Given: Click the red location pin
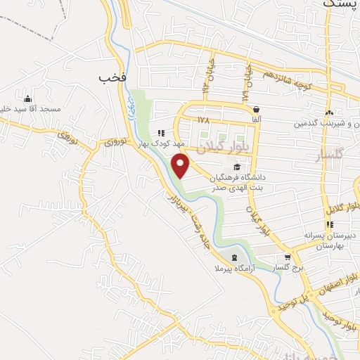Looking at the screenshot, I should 181,165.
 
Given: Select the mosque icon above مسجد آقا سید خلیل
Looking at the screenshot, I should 28,98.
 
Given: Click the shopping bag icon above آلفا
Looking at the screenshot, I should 256,110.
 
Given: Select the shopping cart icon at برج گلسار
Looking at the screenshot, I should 288,257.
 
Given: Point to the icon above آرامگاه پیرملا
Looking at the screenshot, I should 234,257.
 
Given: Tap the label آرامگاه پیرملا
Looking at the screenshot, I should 235,269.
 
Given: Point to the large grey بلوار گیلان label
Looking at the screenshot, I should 202,145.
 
